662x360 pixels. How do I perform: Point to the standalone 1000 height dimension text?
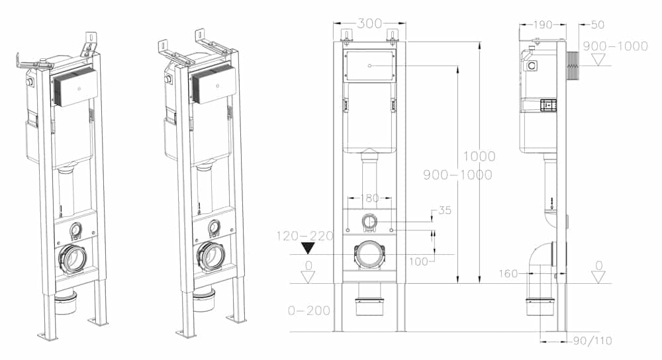tap(479, 157)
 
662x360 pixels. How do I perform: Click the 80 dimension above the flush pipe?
tap(372, 198)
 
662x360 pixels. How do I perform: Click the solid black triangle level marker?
tap(307, 249)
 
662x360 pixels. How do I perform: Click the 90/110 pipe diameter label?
tap(592, 341)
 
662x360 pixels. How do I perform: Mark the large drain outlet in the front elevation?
tap(370, 255)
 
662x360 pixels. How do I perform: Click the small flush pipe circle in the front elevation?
tap(370, 222)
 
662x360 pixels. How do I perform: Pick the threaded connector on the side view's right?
tap(573, 66)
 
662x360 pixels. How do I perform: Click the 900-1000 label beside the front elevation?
tap(457, 175)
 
